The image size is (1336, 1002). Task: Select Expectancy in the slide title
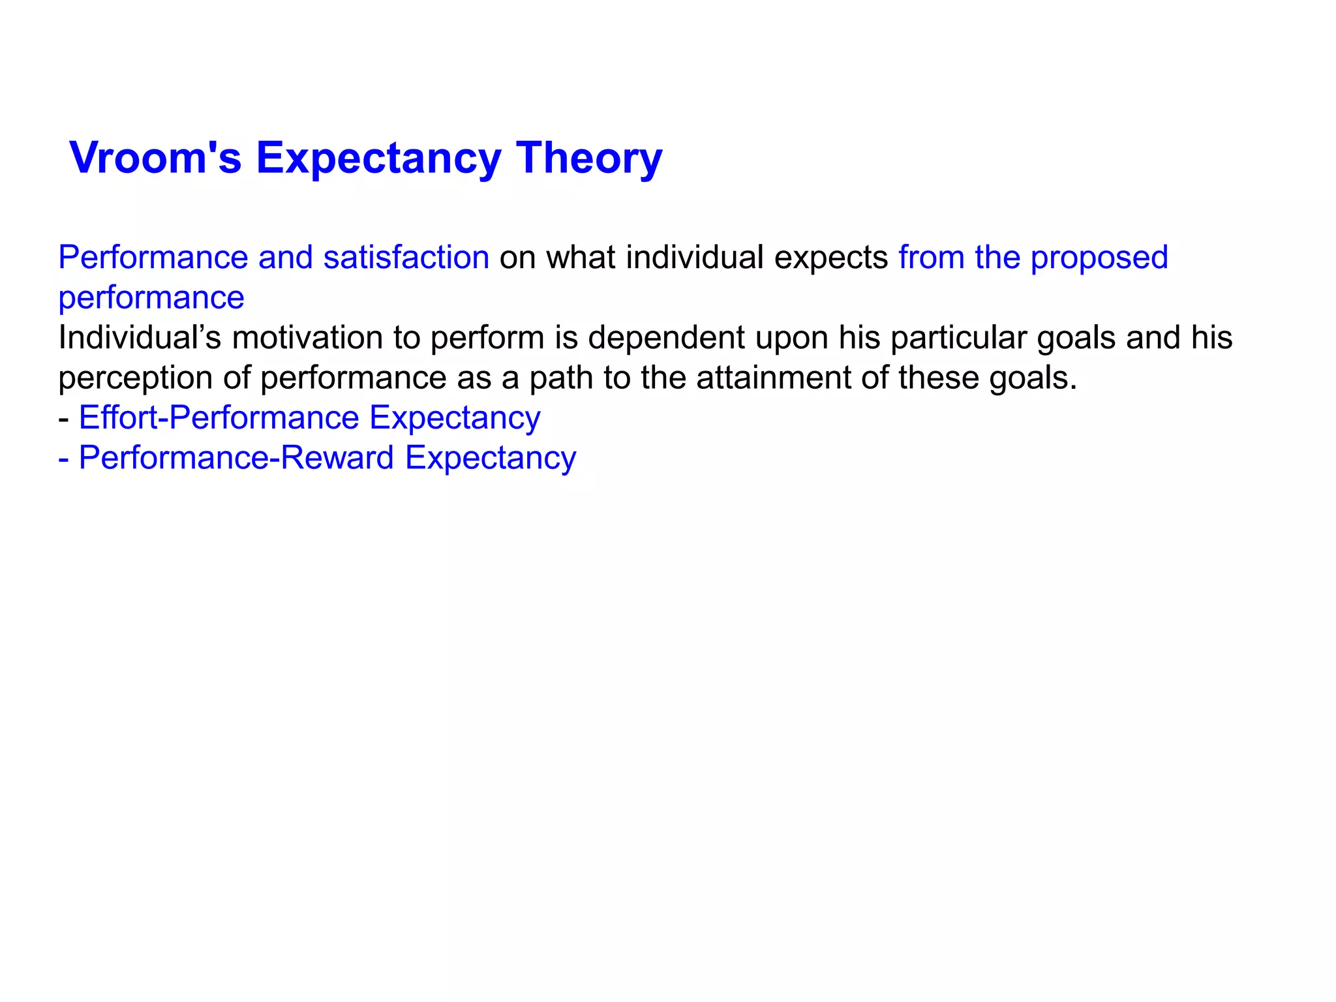(378, 159)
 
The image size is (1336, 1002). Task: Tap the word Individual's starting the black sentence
(140, 338)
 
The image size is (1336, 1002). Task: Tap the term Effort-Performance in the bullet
(219, 417)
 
